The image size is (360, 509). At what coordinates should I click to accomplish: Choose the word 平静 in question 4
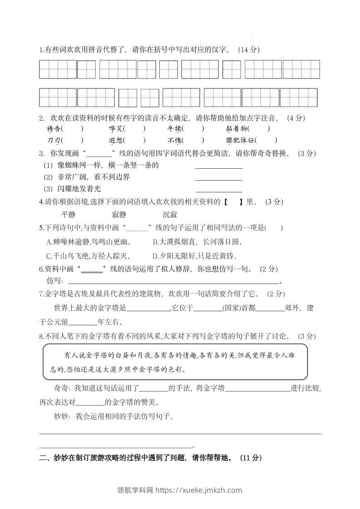[68, 215]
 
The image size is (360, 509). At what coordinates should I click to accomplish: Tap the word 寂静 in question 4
[118, 215]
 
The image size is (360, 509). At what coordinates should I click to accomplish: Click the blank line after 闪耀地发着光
[219, 191]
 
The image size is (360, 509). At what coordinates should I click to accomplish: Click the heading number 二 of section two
[43, 458]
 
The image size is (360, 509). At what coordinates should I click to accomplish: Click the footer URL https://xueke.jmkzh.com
[199, 490]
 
